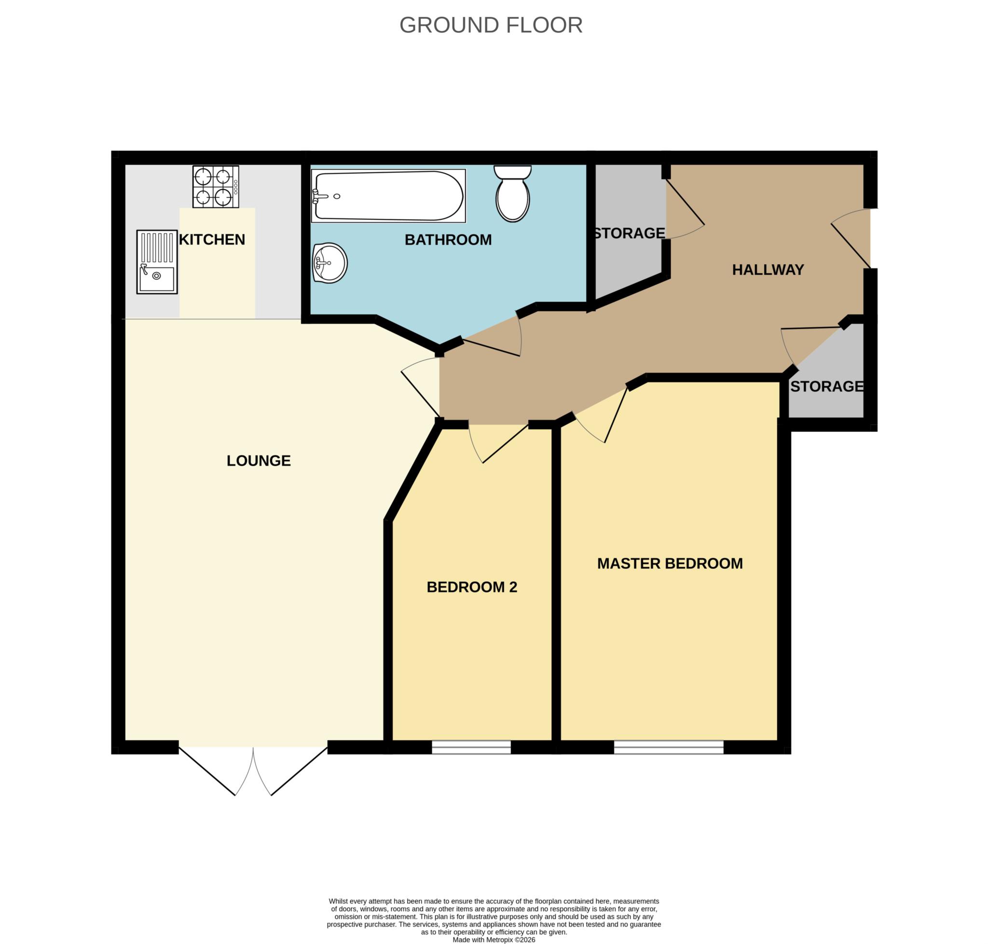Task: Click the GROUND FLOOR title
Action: pyautogui.click(x=490, y=25)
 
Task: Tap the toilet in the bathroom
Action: pyautogui.click(x=512, y=194)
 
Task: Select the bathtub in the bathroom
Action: pyautogui.click(x=387, y=196)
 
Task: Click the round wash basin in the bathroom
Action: pyautogui.click(x=329, y=263)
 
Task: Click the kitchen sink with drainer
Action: pyautogui.click(x=156, y=261)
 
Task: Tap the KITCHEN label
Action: pyautogui.click(x=212, y=240)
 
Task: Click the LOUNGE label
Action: pyautogui.click(x=258, y=461)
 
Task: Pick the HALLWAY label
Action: pyautogui.click(x=767, y=270)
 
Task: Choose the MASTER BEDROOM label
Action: pyautogui.click(x=669, y=563)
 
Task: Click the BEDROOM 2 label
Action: pyautogui.click(x=471, y=587)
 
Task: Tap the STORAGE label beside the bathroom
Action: pyautogui.click(x=629, y=233)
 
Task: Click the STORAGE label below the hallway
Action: pyautogui.click(x=825, y=386)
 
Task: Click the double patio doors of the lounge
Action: pyautogui.click(x=253, y=768)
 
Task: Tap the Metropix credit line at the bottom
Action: pyautogui.click(x=493, y=940)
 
